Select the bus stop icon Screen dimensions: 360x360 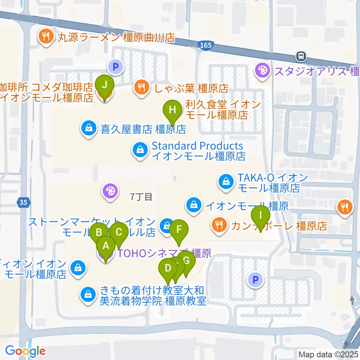point(301,57)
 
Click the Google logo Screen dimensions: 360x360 point(25,351)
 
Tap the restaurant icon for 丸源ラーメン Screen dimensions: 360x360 point(46,37)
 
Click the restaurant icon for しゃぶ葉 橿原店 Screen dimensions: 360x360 point(141,88)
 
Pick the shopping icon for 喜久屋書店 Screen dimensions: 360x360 point(89,129)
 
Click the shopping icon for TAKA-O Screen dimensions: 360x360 point(226,182)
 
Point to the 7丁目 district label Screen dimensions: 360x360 point(141,196)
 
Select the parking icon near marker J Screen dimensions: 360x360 point(115,67)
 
